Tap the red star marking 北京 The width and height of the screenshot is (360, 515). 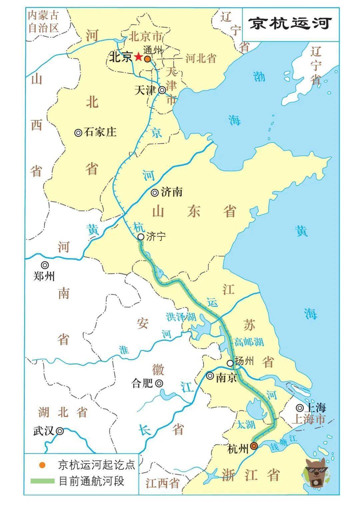coord(138,57)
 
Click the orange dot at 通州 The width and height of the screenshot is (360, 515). coord(147,59)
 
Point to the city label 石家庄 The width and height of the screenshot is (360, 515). coord(100,132)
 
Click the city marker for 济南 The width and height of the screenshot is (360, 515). coord(155,193)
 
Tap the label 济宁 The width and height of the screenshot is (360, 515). coord(156,237)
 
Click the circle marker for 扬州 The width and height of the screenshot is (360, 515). coord(230,363)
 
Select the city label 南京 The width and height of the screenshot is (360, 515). coord(226,377)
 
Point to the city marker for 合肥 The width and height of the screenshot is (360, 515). coord(159,383)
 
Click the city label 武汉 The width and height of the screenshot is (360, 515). coord(44,431)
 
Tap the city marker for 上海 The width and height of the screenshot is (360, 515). coord(300,408)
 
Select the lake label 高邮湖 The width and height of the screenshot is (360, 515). coord(249,342)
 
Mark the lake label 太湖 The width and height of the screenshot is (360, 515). coord(246,425)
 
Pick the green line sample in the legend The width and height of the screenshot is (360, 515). coord(42,481)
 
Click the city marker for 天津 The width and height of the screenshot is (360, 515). coord(162,90)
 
